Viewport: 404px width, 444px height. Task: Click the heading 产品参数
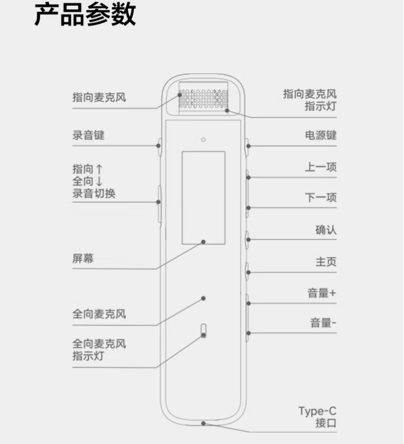point(85,14)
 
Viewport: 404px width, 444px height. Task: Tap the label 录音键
point(89,135)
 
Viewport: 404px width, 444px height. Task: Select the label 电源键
point(321,135)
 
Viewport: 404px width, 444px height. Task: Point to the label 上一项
point(321,167)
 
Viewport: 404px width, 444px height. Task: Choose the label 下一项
point(321,197)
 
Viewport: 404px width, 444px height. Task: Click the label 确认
point(326,230)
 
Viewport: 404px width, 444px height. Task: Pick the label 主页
point(326,262)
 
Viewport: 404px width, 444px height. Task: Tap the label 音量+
point(322,293)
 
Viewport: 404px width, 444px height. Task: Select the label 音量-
point(323,323)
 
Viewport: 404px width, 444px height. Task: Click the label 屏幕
point(83,258)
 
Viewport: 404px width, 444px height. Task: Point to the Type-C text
point(317,411)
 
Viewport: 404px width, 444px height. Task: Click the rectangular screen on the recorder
point(204,198)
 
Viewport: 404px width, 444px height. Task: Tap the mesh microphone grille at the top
point(204,99)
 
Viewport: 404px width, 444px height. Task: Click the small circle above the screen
point(203,139)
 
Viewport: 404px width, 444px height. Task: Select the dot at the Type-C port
point(203,423)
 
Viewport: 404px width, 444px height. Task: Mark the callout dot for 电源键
point(248,146)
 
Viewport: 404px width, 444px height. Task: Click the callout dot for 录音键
point(158,146)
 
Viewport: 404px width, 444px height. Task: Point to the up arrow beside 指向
point(99,169)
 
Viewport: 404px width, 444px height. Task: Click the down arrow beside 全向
point(99,181)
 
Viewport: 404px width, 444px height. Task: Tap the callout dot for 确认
point(248,240)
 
